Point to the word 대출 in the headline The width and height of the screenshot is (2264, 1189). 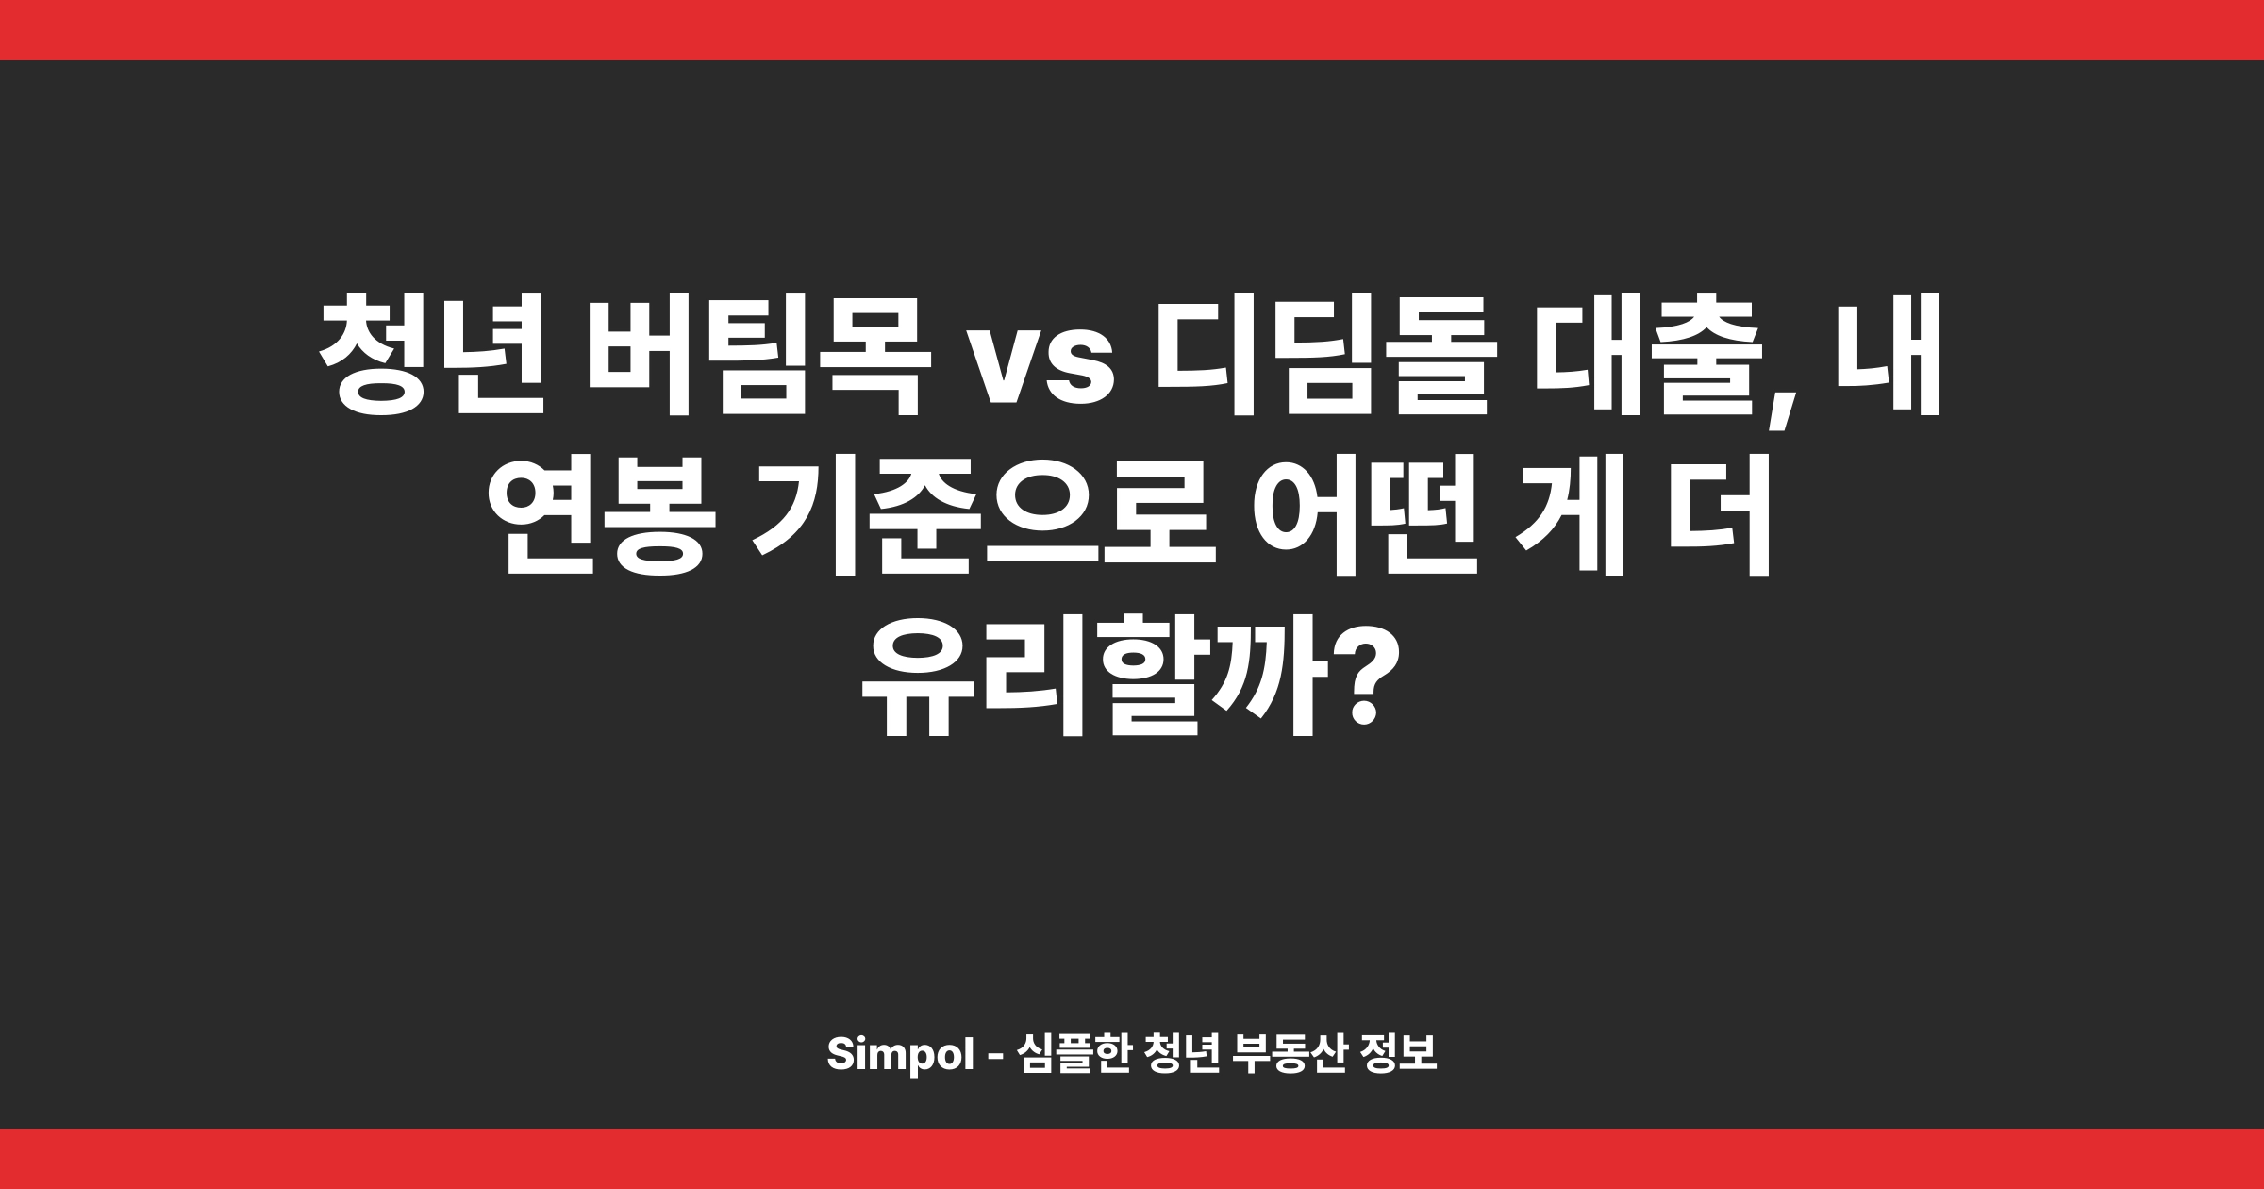click(1646, 357)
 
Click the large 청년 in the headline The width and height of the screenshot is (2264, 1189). click(433, 357)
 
